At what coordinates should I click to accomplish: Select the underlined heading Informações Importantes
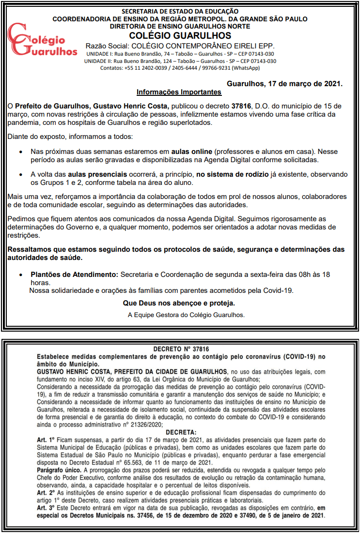(179, 92)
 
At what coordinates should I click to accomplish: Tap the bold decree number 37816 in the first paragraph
(241, 106)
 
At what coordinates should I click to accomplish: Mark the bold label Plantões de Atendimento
(75, 274)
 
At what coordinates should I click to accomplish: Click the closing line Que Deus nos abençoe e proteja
(179, 303)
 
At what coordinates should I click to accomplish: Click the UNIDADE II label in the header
(99, 61)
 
